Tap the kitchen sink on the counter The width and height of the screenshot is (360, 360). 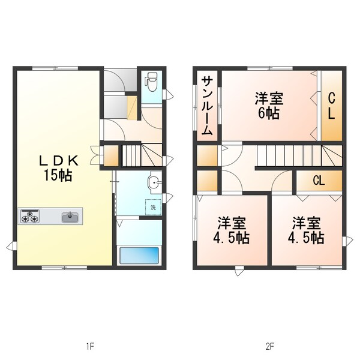[71, 216]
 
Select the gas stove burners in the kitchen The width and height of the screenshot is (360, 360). [30, 215]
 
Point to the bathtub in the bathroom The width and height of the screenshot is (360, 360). [139, 256]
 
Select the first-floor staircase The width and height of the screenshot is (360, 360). [143, 156]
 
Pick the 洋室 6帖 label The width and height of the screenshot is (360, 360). [268, 104]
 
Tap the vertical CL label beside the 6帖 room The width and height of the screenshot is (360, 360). [331, 104]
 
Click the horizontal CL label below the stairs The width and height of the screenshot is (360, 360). [319, 180]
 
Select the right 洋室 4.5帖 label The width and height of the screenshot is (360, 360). [307, 230]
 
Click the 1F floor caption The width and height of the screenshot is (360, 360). [90, 346]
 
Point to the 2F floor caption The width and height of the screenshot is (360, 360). [269, 346]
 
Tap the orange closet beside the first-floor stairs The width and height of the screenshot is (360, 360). [112, 155]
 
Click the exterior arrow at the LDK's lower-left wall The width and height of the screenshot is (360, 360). [10, 245]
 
